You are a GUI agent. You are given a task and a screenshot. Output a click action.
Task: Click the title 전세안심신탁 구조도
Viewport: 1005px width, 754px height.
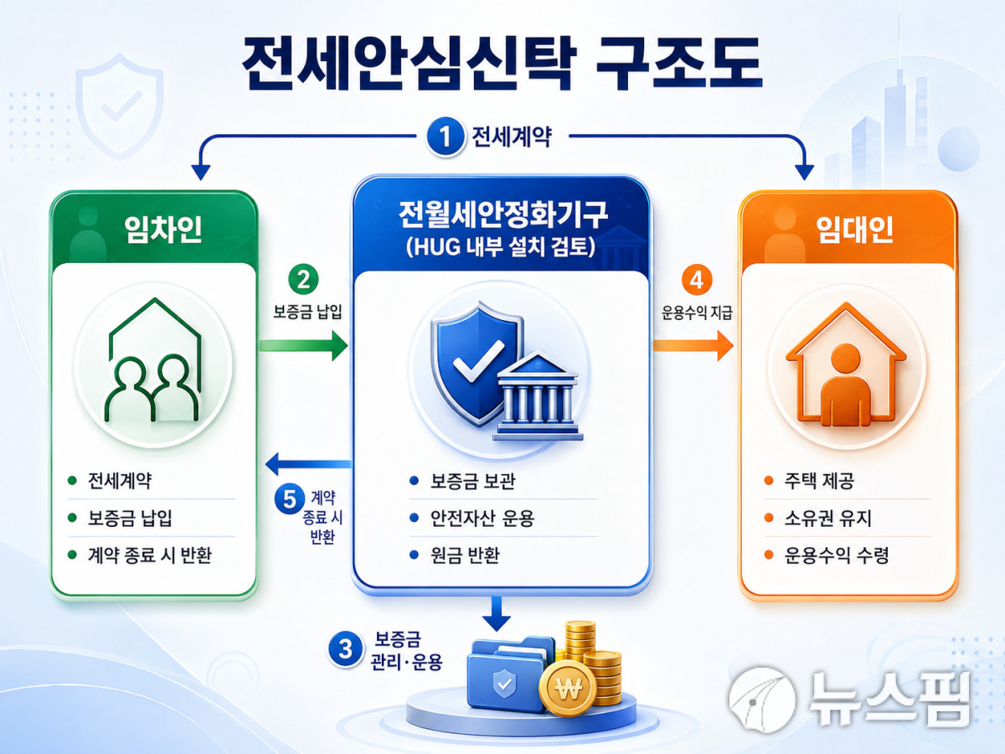pos(502,64)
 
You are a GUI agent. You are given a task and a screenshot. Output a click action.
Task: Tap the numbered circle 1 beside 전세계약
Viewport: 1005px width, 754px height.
pos(444,137)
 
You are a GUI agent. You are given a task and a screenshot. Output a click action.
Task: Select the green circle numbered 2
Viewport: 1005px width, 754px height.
pos(303,280)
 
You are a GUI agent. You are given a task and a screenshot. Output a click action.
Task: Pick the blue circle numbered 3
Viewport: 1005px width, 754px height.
pos(345,649)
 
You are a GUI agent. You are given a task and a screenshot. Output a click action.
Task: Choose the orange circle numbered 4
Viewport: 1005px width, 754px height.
pos(697,280)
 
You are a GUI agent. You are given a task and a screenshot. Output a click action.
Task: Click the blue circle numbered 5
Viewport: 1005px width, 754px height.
pos(290,499)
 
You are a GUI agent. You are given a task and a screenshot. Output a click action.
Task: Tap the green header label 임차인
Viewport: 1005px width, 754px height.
pos(163,229)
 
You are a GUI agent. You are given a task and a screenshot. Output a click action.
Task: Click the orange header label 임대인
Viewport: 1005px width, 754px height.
pos(854,229)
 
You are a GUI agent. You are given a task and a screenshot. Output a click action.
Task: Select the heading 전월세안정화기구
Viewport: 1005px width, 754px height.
pos(502,214)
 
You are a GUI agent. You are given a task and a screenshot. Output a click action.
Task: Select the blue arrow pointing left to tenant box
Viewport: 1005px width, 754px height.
pos(308,464)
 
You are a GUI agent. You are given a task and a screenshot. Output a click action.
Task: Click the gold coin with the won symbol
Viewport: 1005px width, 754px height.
pos(568,688)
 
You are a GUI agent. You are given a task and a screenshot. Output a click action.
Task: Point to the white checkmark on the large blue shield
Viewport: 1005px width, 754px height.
pos(477,361)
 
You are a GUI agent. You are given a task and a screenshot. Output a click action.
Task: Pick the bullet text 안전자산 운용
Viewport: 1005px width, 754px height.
pos(482,519)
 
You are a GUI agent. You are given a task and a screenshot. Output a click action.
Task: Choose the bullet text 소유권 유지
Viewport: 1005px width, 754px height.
pos(827,519)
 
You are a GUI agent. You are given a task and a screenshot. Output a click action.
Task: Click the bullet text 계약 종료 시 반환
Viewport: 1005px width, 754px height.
pos(150,555)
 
